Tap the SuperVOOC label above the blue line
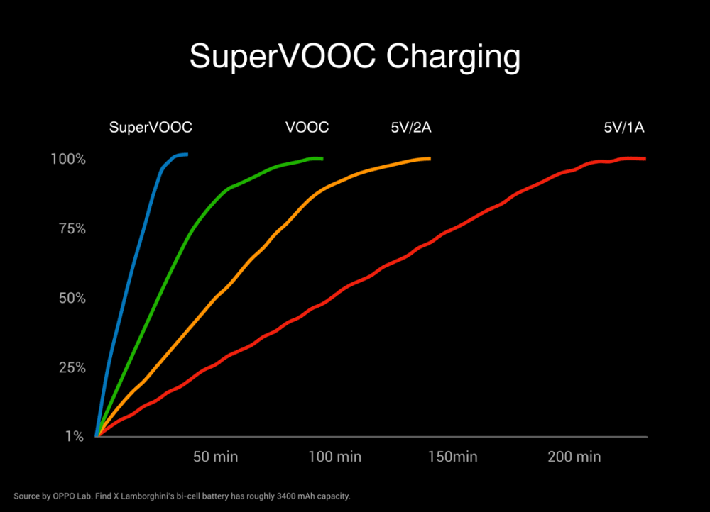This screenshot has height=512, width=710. coord(151,128)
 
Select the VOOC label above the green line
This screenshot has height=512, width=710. coord(307,128)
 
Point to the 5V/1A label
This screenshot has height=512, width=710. coord(623,128)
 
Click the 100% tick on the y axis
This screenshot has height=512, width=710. coord(68,160)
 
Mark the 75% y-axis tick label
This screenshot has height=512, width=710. coord(70,229)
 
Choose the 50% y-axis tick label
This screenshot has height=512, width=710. coord(70,298)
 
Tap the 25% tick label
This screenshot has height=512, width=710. coord(70,367)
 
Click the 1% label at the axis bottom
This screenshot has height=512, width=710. coord(75,437)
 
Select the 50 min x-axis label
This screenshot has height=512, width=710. coord(216,457)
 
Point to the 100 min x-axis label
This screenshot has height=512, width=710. coord(335,457)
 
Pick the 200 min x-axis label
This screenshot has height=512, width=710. coord(574,457)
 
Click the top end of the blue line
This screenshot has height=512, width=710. coord(186,154)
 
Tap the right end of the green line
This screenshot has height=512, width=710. coord(322,159)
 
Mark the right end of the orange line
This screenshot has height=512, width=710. coord(430,159)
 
